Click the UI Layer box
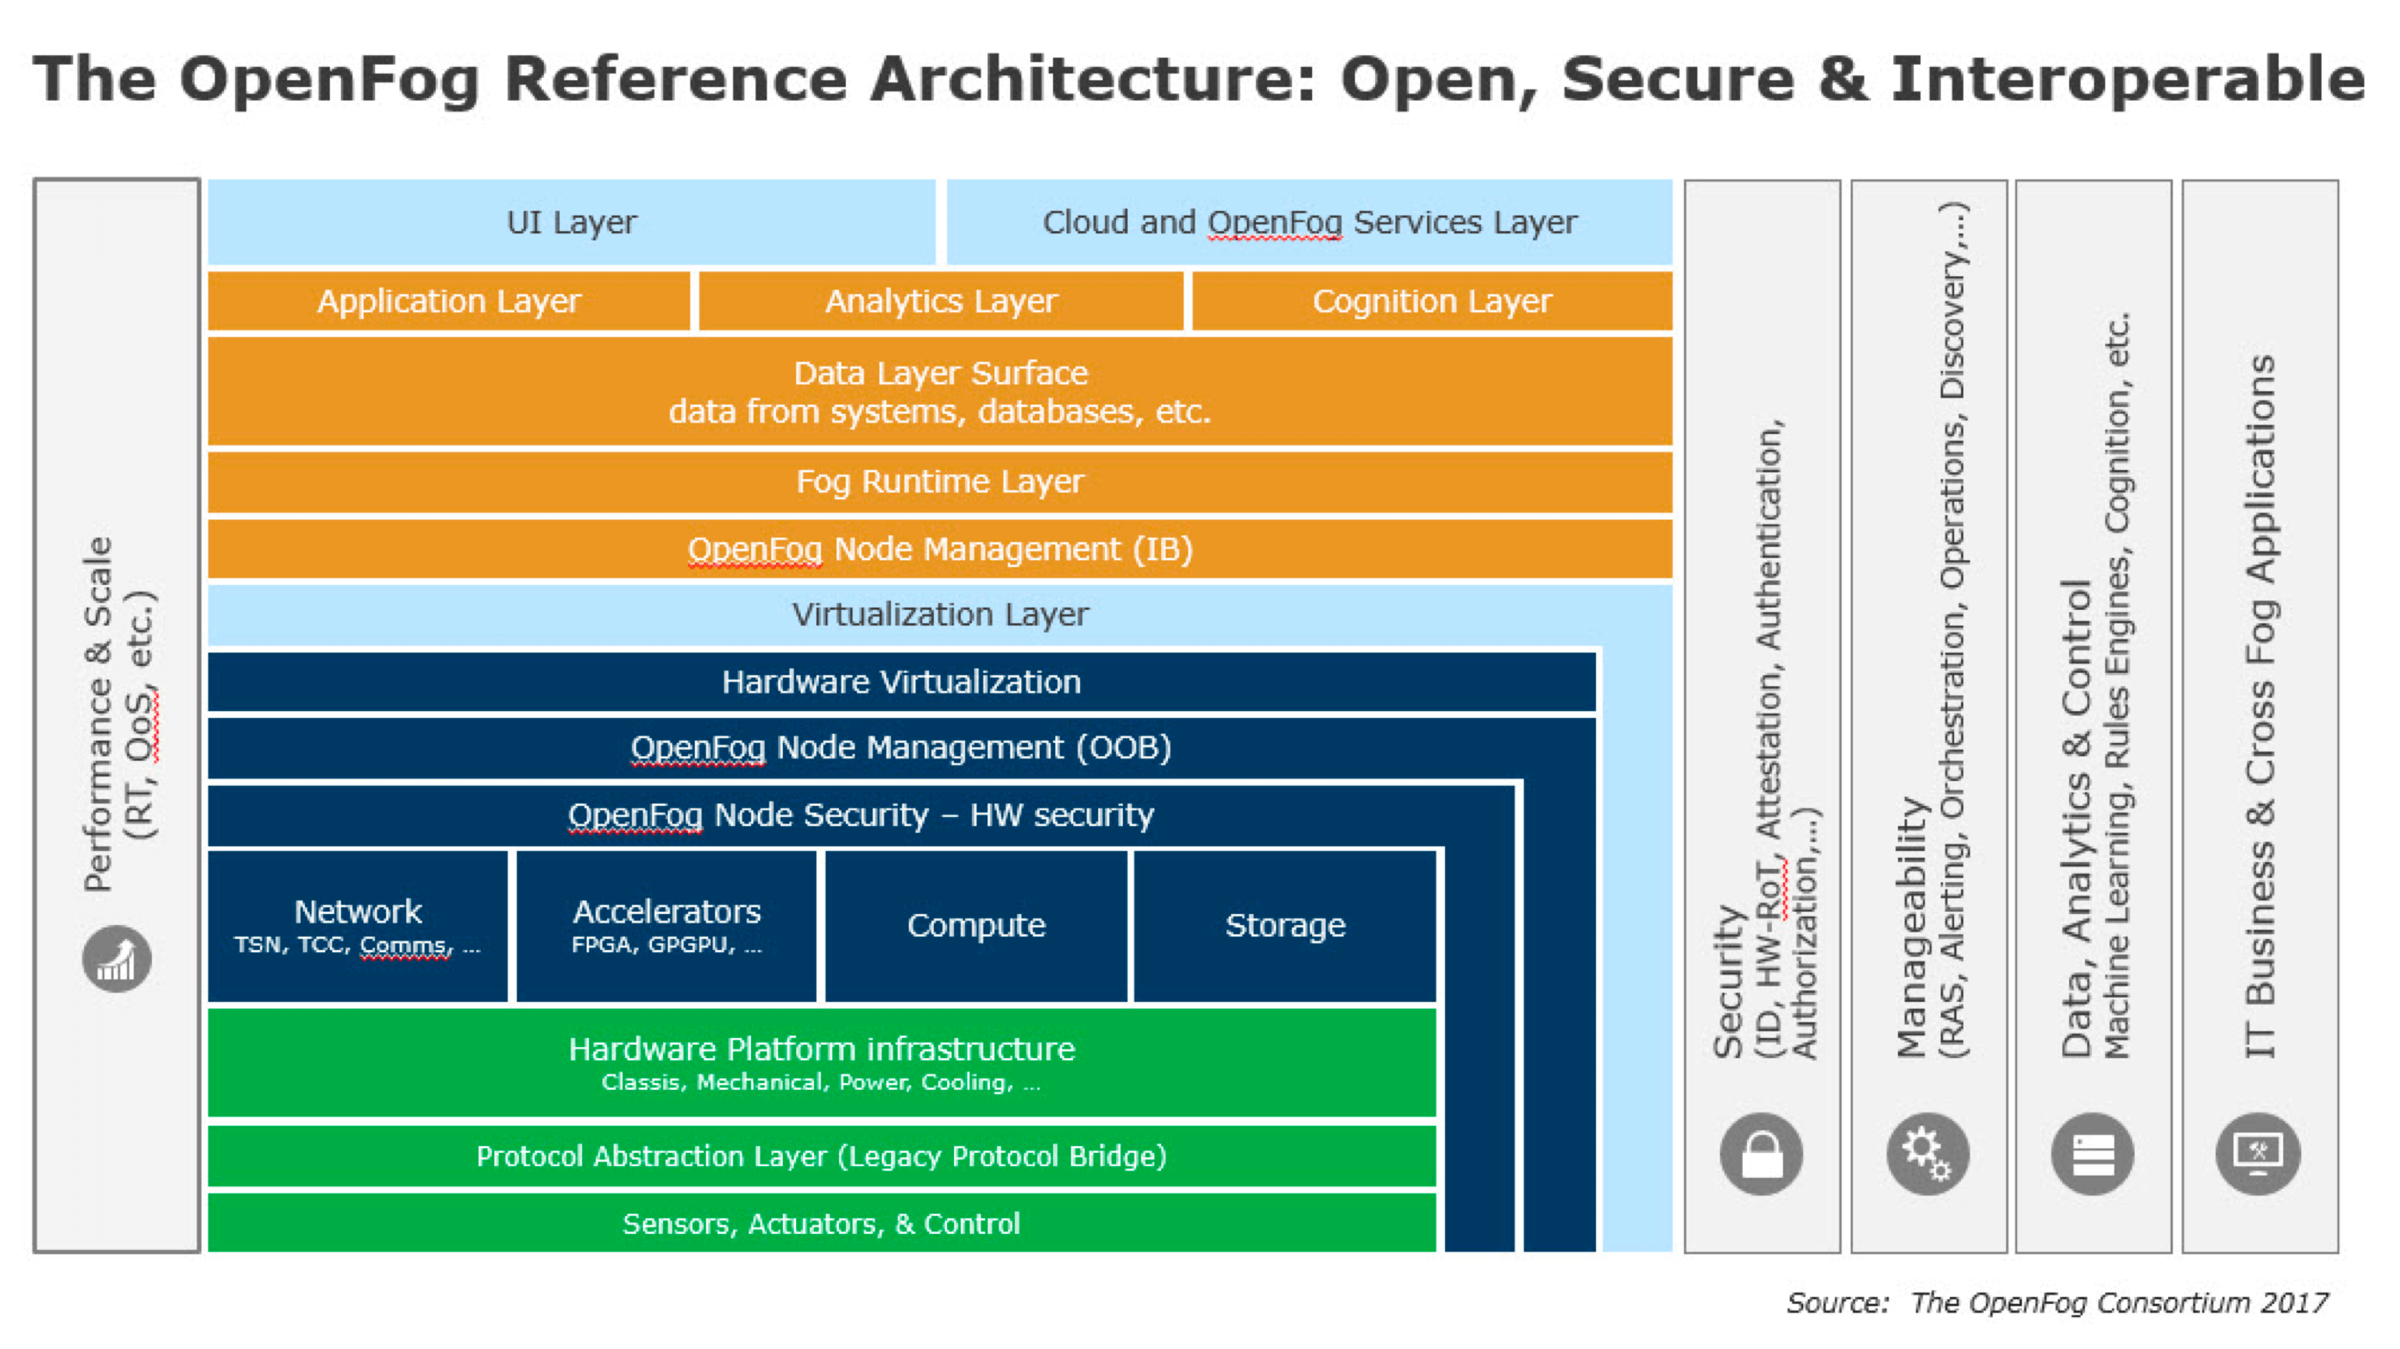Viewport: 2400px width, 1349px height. click(571, 222)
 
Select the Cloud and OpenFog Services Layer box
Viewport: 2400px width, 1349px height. click(1309, 222)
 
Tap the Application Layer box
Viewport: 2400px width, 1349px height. click(448, 301)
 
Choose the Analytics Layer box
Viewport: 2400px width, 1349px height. click(941, 301)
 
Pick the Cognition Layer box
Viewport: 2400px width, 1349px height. click(1432, 301)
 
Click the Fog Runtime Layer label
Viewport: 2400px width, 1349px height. click(939, 482)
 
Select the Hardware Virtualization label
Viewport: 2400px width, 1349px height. click(901, 682)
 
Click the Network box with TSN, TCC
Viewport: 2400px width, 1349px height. click(358, 926)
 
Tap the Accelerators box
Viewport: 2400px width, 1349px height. click(666, 926)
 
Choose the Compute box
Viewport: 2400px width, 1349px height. click(975, 926)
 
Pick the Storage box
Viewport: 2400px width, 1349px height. click(1285, 926)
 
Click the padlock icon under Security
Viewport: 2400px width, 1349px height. click(1761, 1155)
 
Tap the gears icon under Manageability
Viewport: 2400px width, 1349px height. click(1927, 1155)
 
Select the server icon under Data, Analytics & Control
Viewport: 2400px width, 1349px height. click(2093, 1155)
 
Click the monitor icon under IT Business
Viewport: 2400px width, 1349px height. click(2258, 1155)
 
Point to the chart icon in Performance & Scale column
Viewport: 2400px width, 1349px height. click(117, 958)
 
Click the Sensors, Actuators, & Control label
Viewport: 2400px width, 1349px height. click(821, 1223)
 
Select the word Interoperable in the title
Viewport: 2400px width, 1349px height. click(2127, 79)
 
